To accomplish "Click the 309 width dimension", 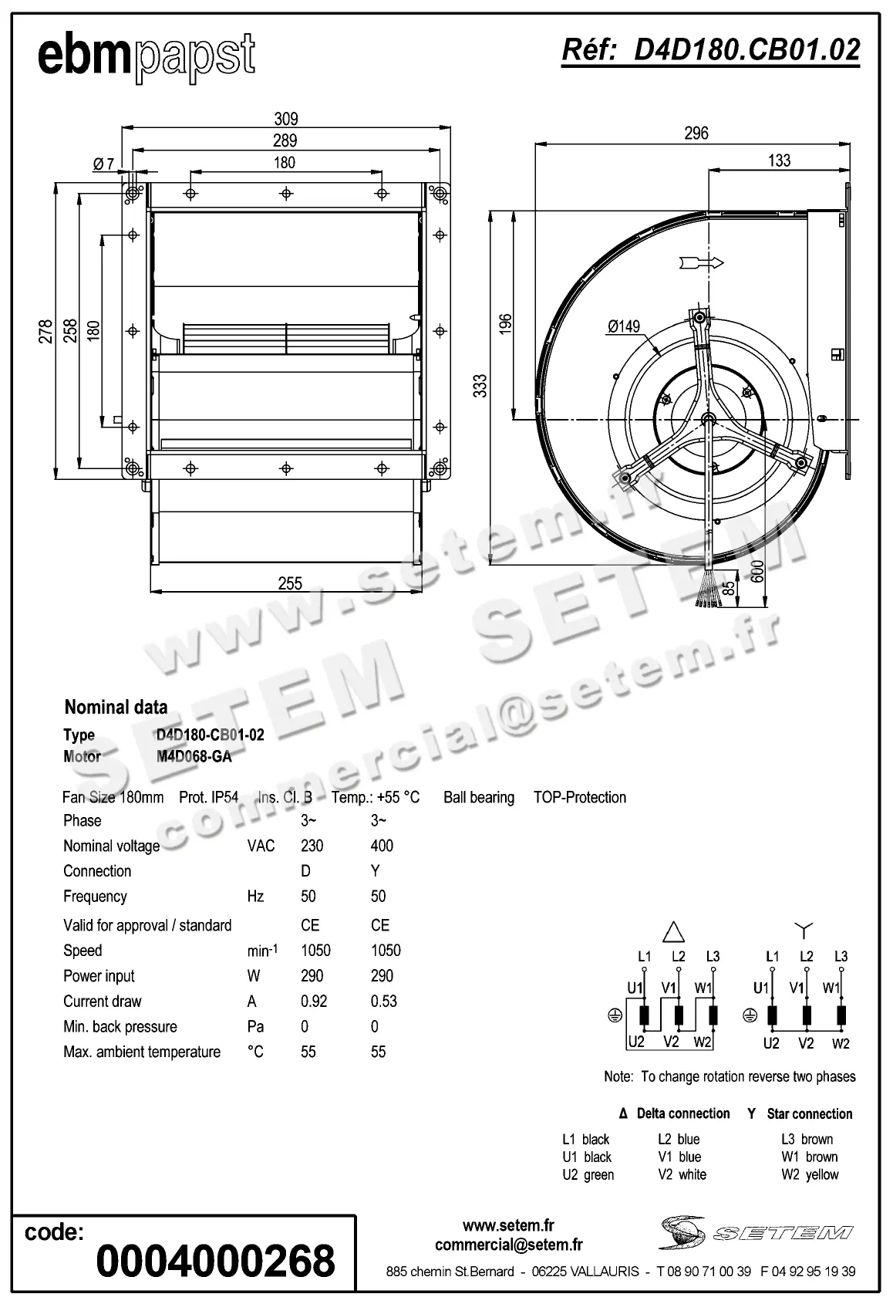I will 286,119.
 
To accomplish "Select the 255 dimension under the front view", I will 290,583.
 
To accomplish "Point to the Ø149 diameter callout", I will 623,326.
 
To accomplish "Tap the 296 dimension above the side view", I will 696,133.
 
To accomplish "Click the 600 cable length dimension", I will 757,571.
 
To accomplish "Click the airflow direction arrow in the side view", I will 701,263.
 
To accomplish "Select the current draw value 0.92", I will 314,1001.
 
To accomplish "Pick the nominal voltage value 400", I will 382,846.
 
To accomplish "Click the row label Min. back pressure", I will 120,1026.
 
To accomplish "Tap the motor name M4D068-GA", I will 194,756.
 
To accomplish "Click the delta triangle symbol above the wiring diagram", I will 674,931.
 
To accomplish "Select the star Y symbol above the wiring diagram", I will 804,929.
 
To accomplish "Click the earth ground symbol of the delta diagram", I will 615,1015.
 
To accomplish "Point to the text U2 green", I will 588,1174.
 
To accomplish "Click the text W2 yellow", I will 809,1174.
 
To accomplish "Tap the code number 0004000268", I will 216,1261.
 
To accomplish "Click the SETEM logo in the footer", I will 757,1232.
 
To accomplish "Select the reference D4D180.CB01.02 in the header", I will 710,50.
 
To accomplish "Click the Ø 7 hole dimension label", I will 103,164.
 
